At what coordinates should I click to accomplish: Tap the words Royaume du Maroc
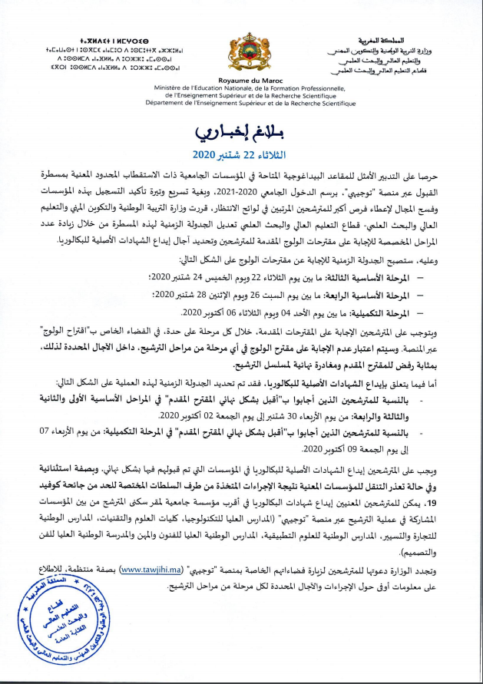point(240,80)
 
